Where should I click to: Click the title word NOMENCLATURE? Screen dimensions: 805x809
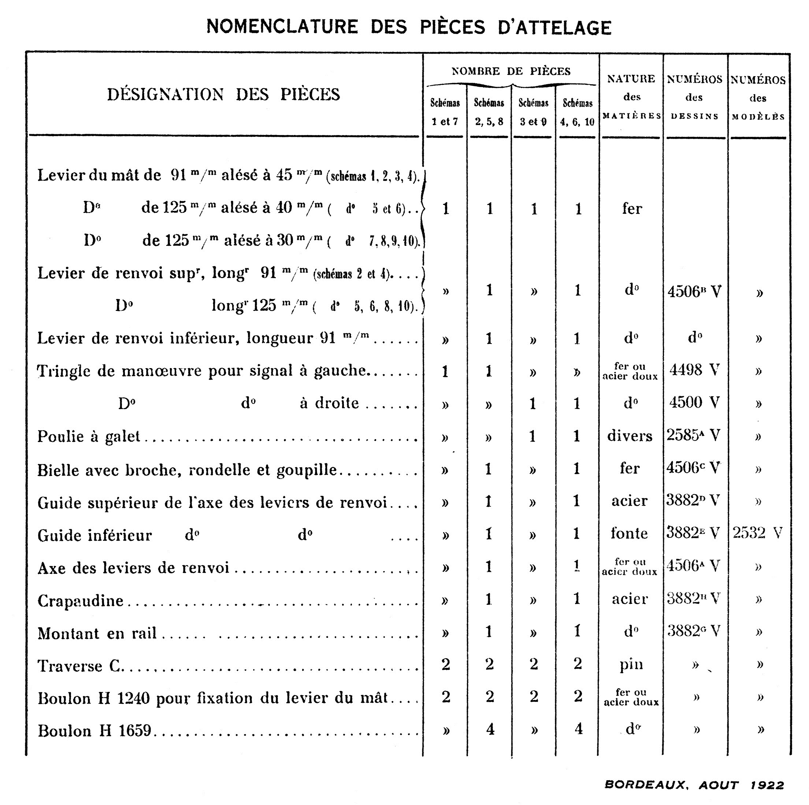282,27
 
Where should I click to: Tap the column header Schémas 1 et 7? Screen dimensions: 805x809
445,112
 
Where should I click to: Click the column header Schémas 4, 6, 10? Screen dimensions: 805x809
578,112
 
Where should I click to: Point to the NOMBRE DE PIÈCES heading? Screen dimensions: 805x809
511,71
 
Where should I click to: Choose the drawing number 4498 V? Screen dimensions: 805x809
694,370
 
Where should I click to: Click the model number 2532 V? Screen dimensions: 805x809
757,533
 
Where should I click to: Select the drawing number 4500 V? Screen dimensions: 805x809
694,402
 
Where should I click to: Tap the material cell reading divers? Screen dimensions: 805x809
630,436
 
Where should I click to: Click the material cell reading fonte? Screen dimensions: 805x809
629,533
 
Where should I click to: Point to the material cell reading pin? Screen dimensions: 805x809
631,664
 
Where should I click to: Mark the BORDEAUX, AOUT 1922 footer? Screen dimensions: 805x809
694,785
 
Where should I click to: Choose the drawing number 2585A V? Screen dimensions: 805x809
693,435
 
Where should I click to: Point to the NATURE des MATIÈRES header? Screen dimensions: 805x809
631,97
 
